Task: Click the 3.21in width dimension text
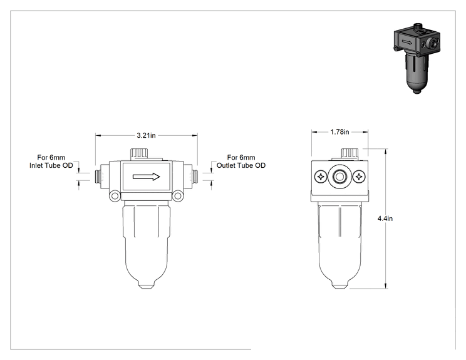pyautogui.click(x=146, y=135)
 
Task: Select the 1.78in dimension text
pyautogui.click(x=339, y=132)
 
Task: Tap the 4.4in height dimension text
pyautogui.click(x=385, y=219)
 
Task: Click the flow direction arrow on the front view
pyautogui.click(x=146, y=177)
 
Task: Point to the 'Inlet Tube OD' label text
pyautogui.click(x=51, y=165)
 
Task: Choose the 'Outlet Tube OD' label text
pyautogui.click(x=241, y=165)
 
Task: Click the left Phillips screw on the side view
pyautogui.click(x=321, y=177)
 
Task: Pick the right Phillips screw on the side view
pyautogui.click(x=359, y=177)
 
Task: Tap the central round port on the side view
pyautogui.click(x=339, y=177)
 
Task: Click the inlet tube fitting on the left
pyautogui.click(x=98, y=177)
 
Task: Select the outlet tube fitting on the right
pyautogui.click(x=195, y=177)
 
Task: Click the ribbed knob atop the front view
pyautogui.click(x=139, y=154)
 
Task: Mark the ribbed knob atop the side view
pyautogui.click(x=349, y=154)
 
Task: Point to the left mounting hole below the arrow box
pyautogui.click(x=115, y=196)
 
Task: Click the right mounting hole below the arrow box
pyautogui.click(x=177, y=196)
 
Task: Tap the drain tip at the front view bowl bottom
pyautogui.click(x=146, y=286)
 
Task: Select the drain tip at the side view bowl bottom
pyautogui.click(x=339, y=286)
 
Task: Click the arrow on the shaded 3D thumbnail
pyautogui.click(x=407, y=43)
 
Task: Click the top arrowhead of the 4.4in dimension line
pyautogui.click(x=386, y=152)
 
